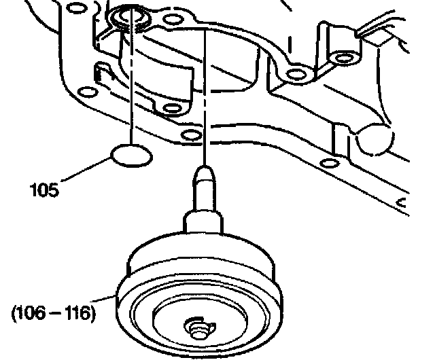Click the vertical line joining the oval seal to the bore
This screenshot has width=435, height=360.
(130, 88)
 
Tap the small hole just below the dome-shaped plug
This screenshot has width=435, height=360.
(330, 162)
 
